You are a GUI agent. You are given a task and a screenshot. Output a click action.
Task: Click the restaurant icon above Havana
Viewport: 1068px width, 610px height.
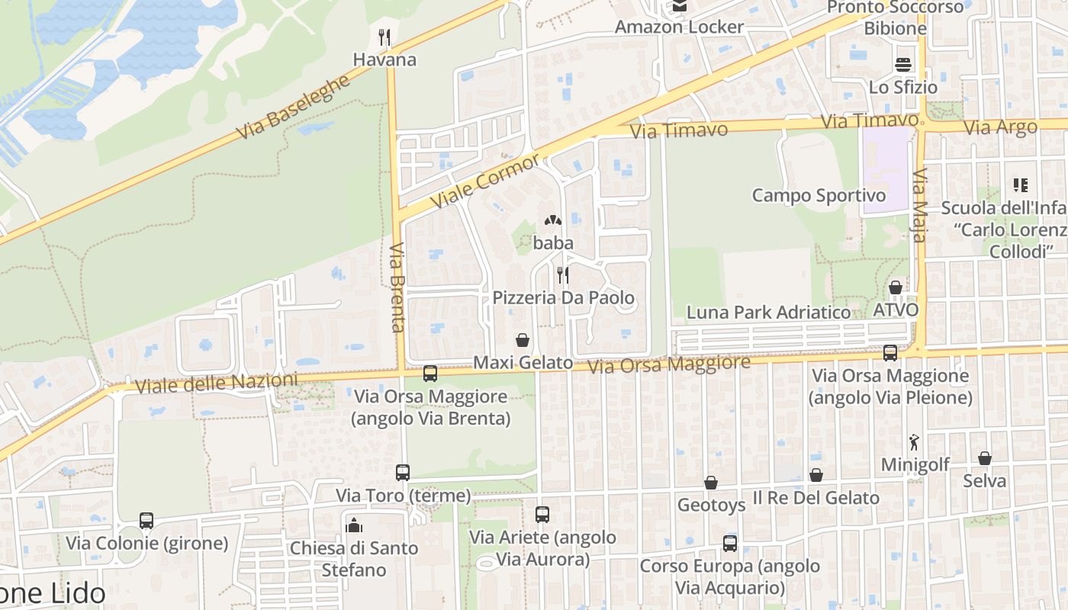tap(384, 37)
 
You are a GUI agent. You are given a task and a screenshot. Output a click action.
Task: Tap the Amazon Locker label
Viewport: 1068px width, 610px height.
tap(679, 27)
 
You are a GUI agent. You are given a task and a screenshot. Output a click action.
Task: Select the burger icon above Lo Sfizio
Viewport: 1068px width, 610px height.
tap(903, 64)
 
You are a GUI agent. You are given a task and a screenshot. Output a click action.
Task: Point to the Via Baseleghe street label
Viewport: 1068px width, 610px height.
tap(293, 108)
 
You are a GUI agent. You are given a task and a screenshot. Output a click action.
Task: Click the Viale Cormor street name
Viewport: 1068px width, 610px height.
tap(485, 181)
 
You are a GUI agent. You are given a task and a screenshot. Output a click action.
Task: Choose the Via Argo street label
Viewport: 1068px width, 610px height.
tap(1000, 127)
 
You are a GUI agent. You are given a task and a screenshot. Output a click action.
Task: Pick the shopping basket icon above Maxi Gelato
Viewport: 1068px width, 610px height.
tap(523, 340)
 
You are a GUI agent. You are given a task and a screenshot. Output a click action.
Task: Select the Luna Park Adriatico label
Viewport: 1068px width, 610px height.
tap(768, 312)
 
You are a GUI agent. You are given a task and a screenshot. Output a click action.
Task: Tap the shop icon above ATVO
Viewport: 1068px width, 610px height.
tap(896, 288)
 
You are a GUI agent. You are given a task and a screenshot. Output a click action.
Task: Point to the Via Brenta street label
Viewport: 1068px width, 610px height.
tap(397, 287)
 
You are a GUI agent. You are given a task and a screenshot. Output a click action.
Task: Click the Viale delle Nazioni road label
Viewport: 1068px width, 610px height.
tap(216, 383)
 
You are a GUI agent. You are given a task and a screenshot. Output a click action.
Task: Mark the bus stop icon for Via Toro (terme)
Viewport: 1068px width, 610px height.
tap(403, 473)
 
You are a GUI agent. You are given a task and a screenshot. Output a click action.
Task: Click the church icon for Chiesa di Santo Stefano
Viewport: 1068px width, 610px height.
tap(354, 525)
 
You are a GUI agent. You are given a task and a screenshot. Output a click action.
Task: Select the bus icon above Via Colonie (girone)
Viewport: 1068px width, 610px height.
tap(146, 521)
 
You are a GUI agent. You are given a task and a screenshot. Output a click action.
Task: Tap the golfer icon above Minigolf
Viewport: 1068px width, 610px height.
tap(914, 441)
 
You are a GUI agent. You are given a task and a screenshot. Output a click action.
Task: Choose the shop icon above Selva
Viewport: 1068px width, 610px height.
tap(985, 458)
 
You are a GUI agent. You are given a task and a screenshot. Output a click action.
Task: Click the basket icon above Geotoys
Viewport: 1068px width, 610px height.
tap(711, 483)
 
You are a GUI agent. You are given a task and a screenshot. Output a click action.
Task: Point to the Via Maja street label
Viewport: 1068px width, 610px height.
tap(918, 205)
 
